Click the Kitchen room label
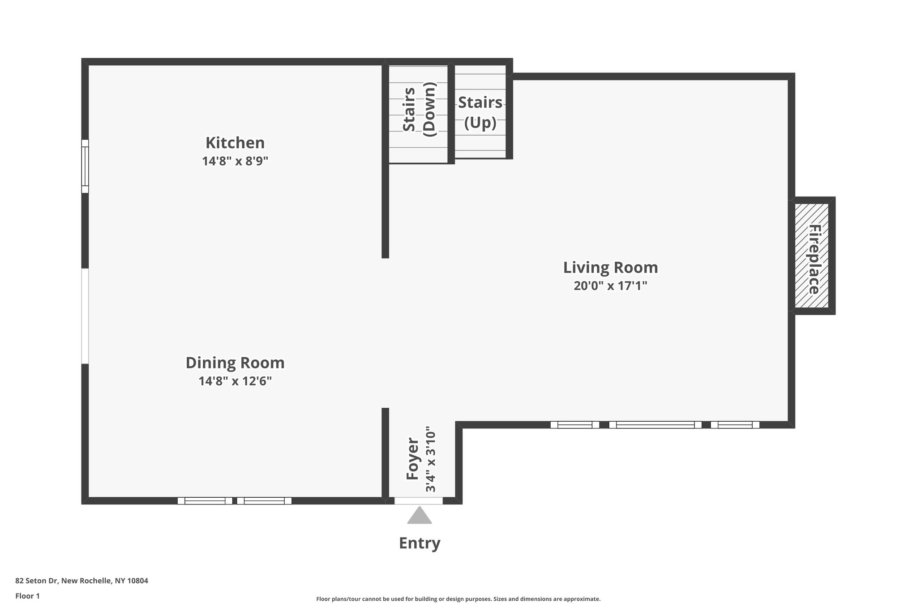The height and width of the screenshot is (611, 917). click(x=235, y=143)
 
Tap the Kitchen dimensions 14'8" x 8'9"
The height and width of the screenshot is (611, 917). click(x=235, y=161)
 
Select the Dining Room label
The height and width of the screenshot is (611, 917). click(x=235, y=363)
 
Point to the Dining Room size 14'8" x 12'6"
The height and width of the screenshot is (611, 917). click(x=235, y=381)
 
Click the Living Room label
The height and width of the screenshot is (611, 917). click(x=610, y=268)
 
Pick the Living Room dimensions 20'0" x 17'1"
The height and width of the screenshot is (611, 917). click(x=610, y=286)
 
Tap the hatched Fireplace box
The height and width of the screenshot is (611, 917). click(x=811, y=256)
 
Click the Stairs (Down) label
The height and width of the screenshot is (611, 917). click(x=419, y=110)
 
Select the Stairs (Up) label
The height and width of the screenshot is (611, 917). click(x=480, y=112)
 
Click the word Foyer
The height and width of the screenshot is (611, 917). click(x=412, y=459)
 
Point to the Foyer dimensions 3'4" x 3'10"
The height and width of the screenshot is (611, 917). click(x=430, y=459)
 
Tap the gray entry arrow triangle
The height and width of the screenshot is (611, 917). click(x=419, y=516)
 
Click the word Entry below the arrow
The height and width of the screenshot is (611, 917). click(x=420, y=543)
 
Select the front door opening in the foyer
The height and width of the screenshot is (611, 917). click(x=418, y=501)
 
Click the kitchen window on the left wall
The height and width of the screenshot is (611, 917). click(x=85, y=166)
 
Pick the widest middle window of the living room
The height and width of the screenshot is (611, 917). click(x=655, y=425)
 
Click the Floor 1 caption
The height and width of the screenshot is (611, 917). click(x=27, y=596)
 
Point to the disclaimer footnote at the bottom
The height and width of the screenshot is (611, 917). click(x=458, y=599)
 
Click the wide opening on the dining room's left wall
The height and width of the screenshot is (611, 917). click(x=85, y=316)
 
